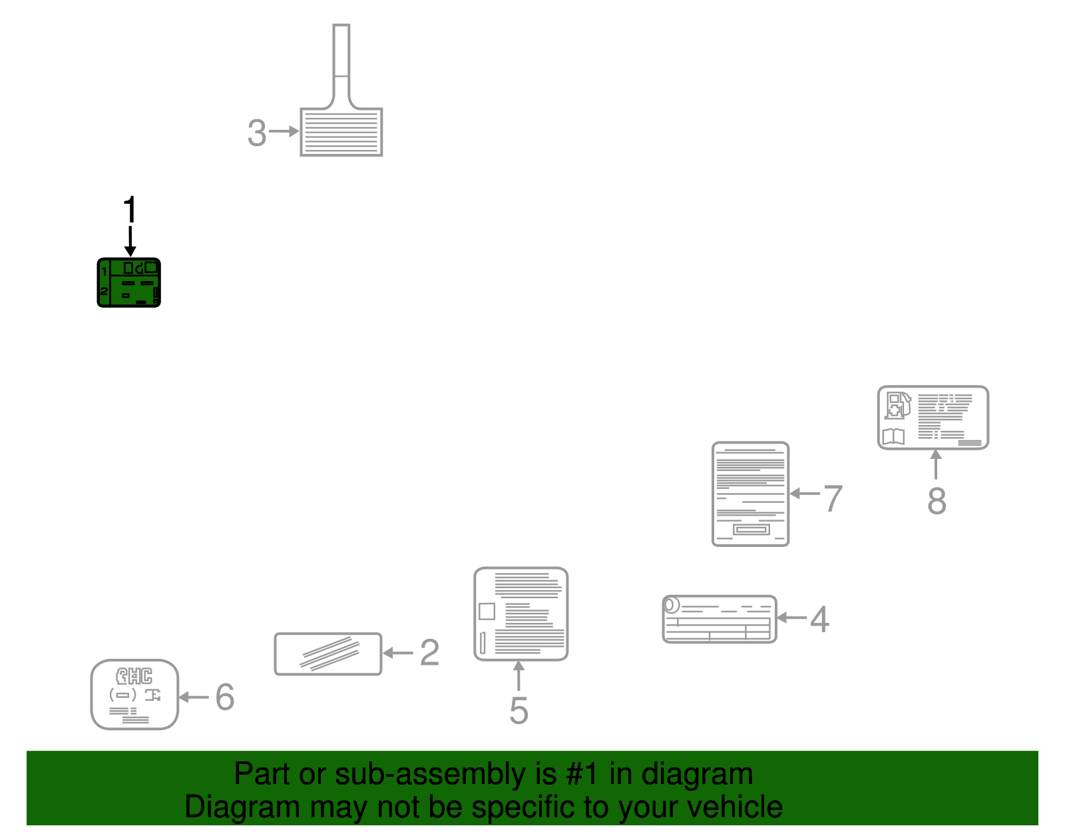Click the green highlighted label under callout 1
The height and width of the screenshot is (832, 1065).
tap(129, 283)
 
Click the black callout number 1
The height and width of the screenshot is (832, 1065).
tap(130, 209)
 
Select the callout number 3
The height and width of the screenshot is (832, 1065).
tap(257, 133)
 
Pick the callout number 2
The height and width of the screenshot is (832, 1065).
tap(429, 653)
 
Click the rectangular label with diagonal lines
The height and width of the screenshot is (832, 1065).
tap(328, 654)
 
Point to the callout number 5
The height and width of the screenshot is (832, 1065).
tap(519, 710)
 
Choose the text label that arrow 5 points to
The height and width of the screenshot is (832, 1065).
tap(521, 614)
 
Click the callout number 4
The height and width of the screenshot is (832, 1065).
tap(819, 620)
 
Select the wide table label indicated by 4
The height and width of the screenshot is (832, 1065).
tap(720, 620)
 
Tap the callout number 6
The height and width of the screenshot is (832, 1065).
tap(225, 697)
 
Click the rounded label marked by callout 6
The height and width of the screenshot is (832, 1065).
tap(134, 695)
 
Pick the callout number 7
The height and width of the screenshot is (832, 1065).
tap(833, 499)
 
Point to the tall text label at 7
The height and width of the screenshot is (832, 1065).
tap(750, 494)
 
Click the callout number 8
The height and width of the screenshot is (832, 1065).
tap(937, 501)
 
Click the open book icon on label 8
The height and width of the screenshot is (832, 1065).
tap(893, 436)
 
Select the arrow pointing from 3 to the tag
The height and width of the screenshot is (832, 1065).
tap(284, 131)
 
